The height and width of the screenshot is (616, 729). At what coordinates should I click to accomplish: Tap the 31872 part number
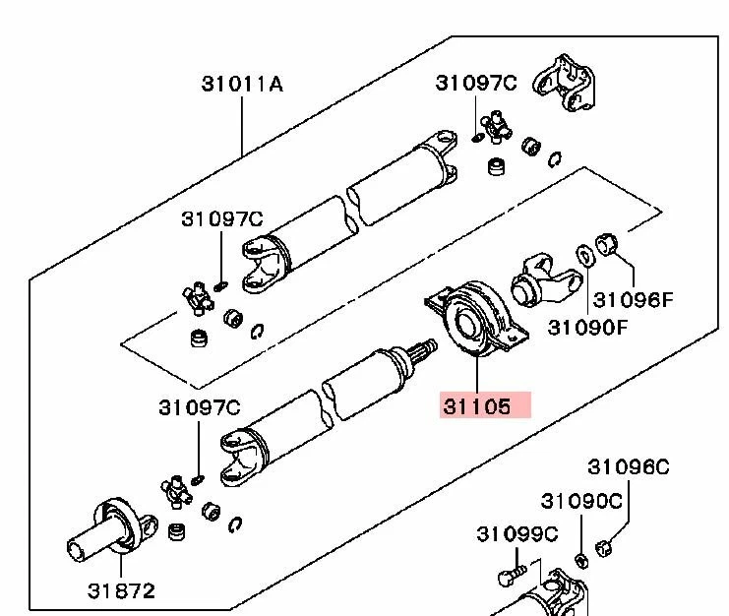pyautogui.click(x=121, y=590)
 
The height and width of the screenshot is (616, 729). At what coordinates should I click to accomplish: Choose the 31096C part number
pyautogui.click(x=629, y=466)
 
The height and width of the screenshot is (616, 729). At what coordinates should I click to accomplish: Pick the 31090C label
pyautogui.click(x=582, y=500)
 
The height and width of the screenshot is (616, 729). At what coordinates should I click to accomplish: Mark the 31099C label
pyautogui.click(x=517, y=533)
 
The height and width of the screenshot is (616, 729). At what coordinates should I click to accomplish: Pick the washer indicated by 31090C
pyautogui.click(x=580, y=560)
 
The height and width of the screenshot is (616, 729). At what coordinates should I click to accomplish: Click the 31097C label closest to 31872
pyautogui.click(x=199, y=405)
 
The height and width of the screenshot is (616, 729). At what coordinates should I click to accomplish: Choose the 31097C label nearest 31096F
pyautogui.click(x=475, y=84)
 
